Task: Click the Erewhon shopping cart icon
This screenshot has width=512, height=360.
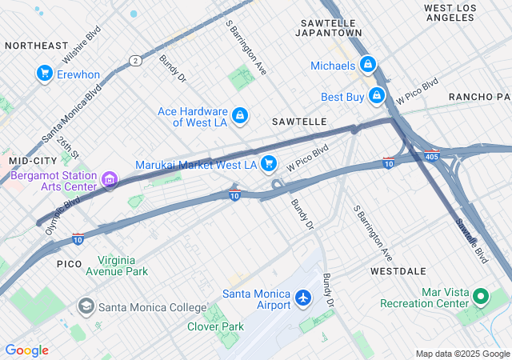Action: coord(44,74)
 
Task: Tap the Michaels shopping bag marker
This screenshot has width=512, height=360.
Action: coord(367,64)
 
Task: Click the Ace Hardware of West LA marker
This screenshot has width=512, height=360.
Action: coord(239,116)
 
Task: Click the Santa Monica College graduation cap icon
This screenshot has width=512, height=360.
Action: coord(86,306)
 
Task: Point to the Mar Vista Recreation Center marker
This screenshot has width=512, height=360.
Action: coord(480,298)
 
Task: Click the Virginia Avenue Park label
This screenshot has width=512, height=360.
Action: coord(122,266)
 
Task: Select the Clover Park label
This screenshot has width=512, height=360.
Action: coord(215,326)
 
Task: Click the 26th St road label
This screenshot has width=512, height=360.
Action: coord(68,146)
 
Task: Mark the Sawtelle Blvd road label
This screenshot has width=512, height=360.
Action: coord(473,242)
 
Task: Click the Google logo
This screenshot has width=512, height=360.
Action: coord(27,350)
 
